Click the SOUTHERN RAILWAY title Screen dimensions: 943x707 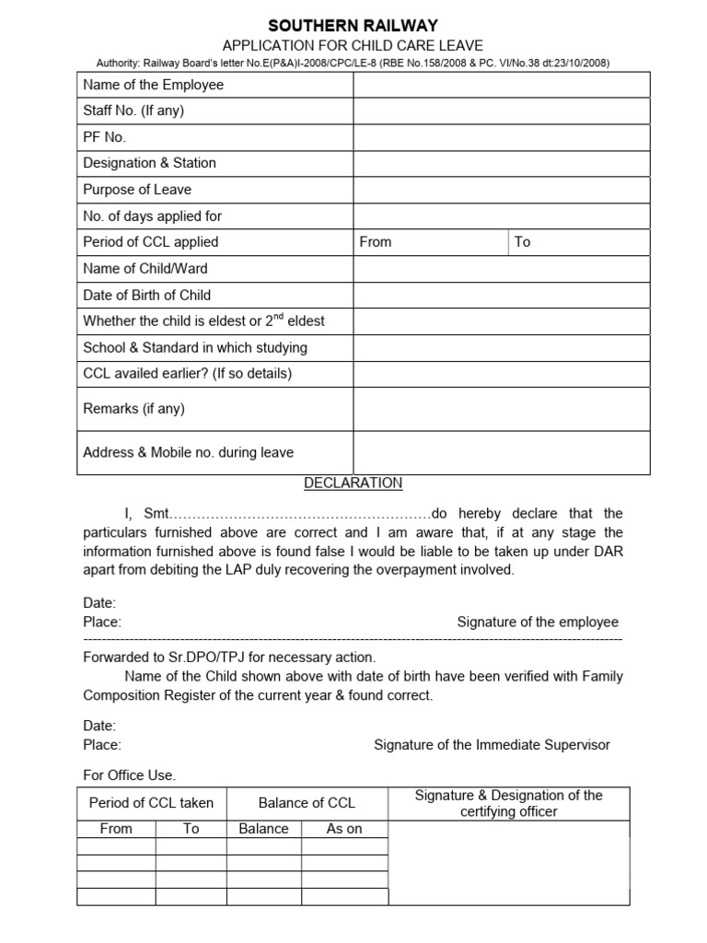click(x=353, y=26)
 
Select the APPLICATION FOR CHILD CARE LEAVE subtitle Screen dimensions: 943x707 click(x=353, y=45)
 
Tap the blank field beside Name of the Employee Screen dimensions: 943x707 click(x=502, y=85)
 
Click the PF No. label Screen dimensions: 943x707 click(x=104, y=136)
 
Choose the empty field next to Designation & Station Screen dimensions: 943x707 click(x=502, y=163)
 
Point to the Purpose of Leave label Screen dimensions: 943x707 click(x=137, y=190)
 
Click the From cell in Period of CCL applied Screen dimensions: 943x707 click(x=430, y=242)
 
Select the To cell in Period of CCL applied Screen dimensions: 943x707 click(x=579, y=242)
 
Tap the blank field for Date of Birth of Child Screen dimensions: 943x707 click(x=502, y=295)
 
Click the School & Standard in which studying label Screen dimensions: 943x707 click(x=195, y=348)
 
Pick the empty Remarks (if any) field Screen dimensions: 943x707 click(x=502, y=409)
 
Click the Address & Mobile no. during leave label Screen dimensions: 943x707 click(x=189, y=453)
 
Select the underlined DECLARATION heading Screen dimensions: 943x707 click(x=353, y=483)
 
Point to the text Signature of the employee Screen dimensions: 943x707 click(x=538, y=623)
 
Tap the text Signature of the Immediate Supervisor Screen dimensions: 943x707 click(x=492, y=745)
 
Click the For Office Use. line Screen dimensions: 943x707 click(x=129, y=775)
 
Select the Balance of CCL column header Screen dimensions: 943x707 click(x=307, y=803)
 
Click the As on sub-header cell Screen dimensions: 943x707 click(x=344, y=829)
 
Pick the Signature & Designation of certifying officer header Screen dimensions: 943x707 click(x=508, y=803)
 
